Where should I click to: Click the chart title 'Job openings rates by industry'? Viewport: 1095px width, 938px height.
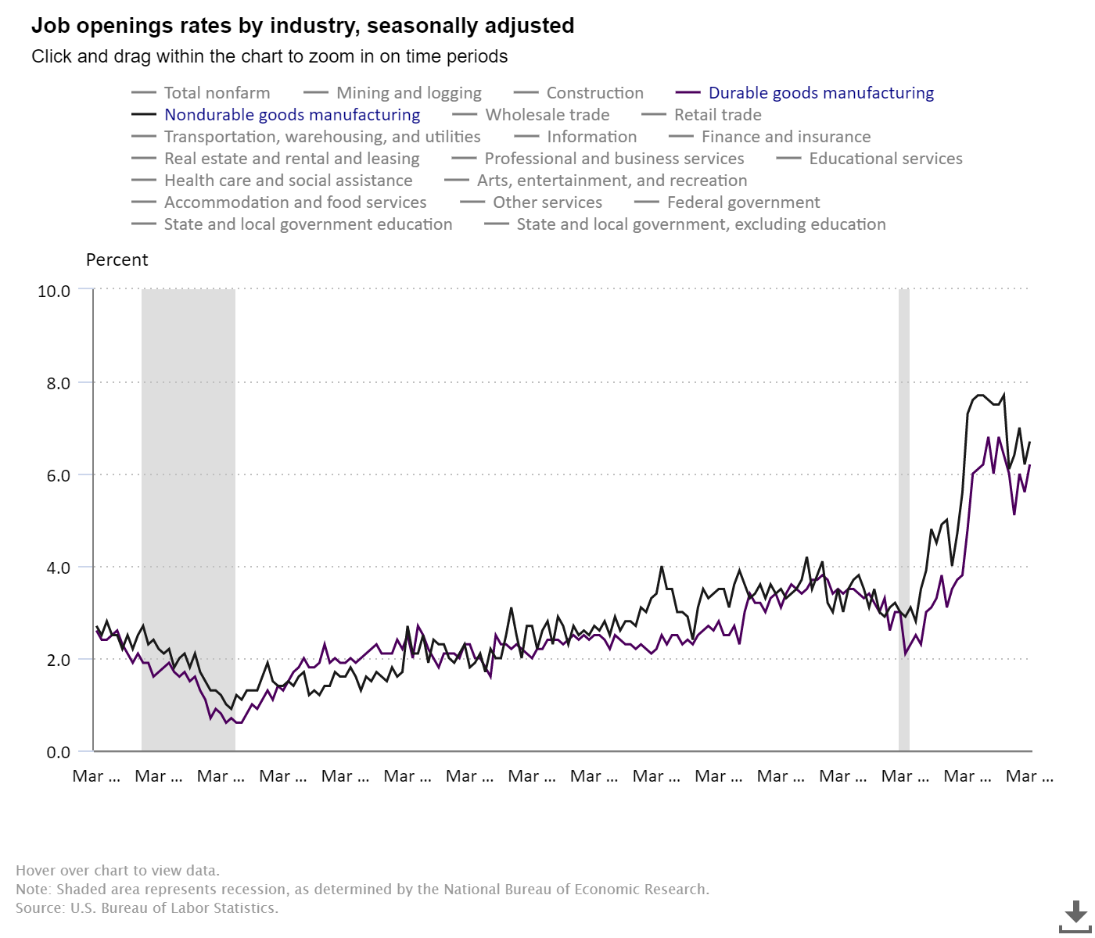303,26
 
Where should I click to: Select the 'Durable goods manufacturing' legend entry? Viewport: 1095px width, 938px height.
820,93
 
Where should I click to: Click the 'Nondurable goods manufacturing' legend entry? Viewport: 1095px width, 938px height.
292,115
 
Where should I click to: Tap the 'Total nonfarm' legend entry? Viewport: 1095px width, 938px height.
217,93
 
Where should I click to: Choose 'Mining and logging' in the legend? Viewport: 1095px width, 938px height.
408,93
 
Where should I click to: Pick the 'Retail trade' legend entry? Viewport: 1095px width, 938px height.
717,115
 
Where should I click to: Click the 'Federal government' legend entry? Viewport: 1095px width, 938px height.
743,202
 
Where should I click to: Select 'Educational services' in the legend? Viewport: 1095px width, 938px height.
885,159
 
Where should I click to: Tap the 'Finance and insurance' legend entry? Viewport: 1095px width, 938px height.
785,137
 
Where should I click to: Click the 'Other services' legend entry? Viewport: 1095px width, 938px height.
547,202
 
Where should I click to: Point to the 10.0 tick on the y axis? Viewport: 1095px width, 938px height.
54,291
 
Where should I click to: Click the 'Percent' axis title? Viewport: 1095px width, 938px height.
117,260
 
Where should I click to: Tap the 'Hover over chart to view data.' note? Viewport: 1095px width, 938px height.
117,871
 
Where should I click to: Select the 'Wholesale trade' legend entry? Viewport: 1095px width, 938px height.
547,115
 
